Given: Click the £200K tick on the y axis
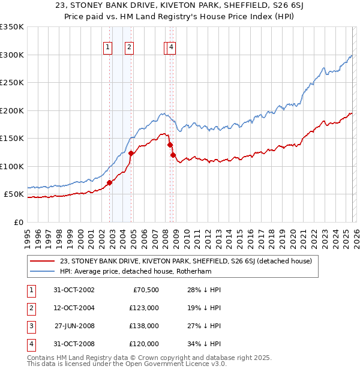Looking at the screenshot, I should (x=12, y=110).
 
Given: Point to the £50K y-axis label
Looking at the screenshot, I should (x=14, y=194).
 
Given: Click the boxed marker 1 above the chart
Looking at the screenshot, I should (x=107, y=49).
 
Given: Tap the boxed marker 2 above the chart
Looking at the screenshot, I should (x=129, y=49).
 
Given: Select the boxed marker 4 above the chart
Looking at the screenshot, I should (x=172, y=49).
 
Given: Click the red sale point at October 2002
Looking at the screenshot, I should (x=109, y=182).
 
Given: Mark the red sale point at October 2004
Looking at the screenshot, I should (x=131, y=154).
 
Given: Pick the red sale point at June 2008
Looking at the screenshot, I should (x=170, y=145).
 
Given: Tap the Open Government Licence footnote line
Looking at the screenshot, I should (x=127, y=364).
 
